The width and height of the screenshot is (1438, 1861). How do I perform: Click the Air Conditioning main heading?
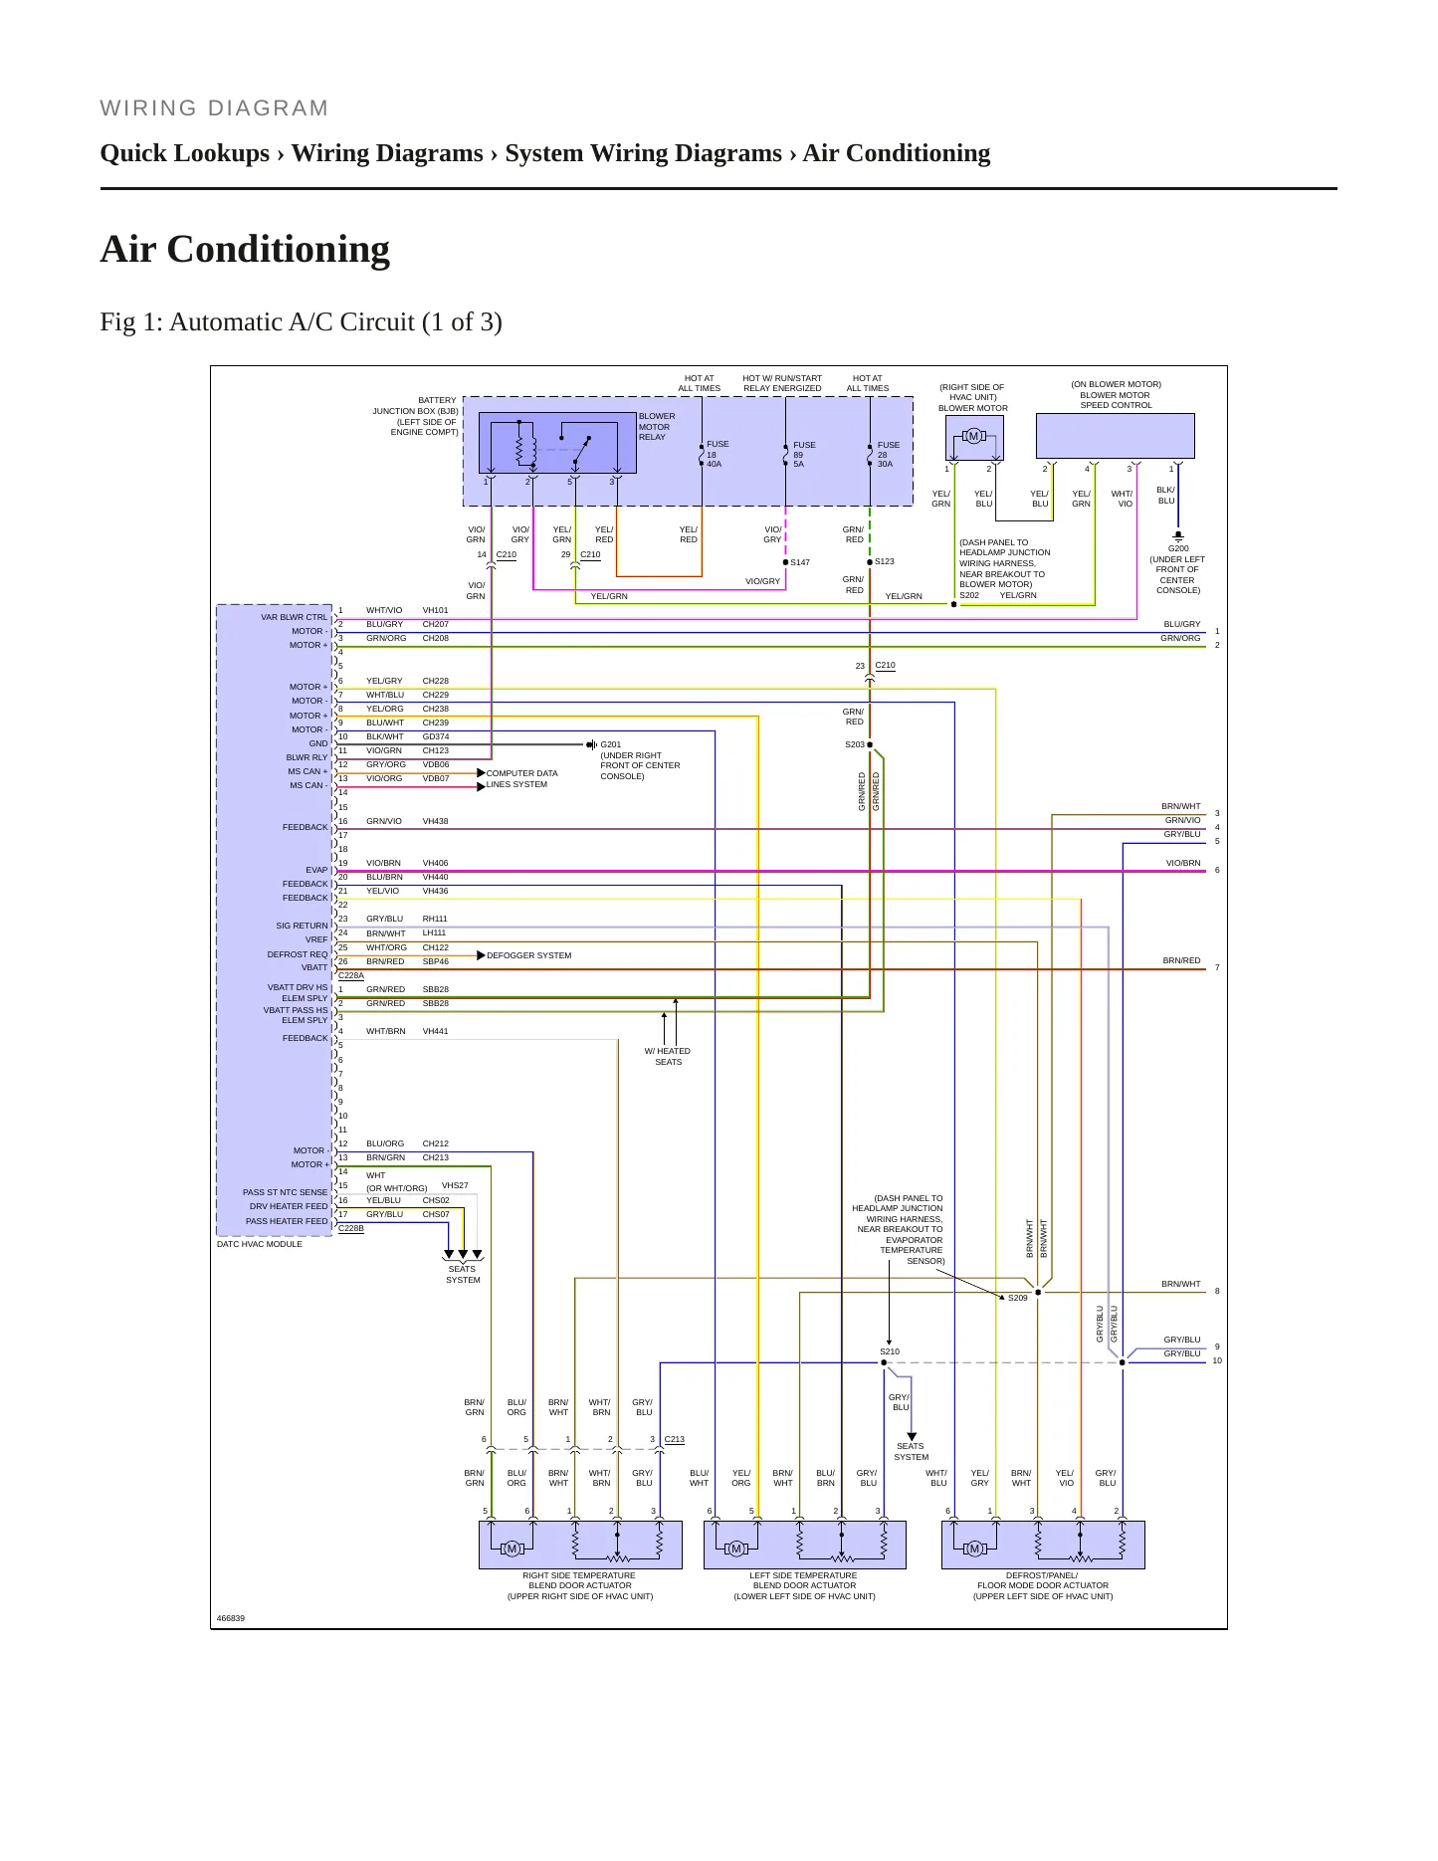245,249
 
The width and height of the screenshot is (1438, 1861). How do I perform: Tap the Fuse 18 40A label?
718,454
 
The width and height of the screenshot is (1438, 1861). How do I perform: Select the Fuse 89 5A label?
804,455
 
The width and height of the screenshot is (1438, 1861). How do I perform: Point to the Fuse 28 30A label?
888,455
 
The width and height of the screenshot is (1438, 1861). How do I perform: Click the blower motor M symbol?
973,436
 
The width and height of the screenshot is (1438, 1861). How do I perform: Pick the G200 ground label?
1178,548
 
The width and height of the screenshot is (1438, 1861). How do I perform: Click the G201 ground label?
610,744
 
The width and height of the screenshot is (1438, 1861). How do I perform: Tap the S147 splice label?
800,562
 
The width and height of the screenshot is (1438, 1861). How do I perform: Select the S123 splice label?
884,561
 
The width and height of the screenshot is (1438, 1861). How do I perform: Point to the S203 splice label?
855,744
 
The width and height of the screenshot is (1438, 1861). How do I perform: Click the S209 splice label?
1017,1298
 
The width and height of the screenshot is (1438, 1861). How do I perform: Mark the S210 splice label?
890,1351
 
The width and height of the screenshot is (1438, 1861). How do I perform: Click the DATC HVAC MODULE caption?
260,1244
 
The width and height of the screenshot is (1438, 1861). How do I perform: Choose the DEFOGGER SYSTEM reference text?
528,955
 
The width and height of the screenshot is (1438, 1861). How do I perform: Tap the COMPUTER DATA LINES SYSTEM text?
521,778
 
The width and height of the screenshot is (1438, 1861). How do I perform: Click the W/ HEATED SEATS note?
668,1056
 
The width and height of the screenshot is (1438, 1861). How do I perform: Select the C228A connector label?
351,976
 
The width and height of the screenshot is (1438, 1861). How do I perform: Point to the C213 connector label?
675,1439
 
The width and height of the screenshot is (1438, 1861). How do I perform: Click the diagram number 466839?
231,1618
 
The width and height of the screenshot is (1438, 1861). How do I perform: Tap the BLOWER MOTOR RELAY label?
657,427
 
